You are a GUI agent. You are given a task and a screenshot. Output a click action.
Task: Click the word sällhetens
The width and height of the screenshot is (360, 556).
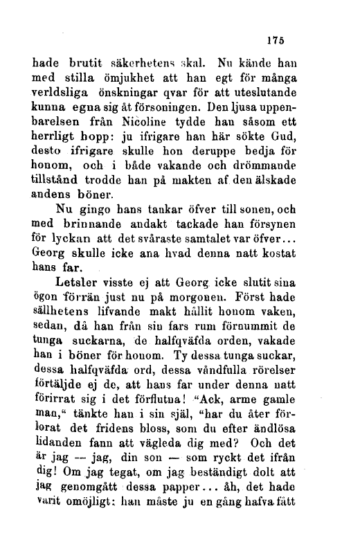click(67, 312)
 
